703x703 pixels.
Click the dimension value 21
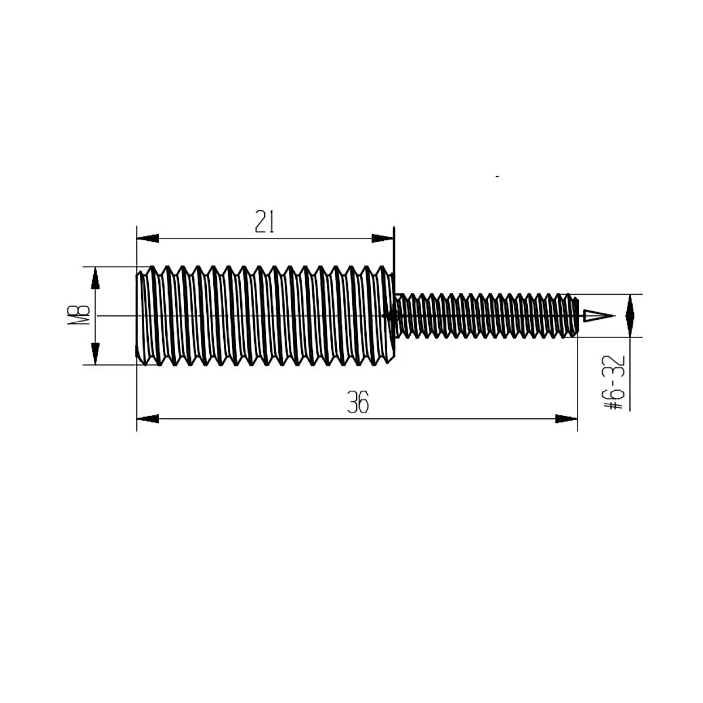(x=265, y=222)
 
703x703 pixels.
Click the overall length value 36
(x=358, y=404)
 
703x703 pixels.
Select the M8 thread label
(x=81, y=316)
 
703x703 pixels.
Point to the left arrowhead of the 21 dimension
(x=148, y=238)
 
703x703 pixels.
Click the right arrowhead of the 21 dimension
(x=383, y=238)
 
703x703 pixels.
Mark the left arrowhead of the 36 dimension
(x=148, y=418)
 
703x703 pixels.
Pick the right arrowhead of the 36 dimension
(x=566, y=418)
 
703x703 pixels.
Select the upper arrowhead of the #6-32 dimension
(x=630, y=305)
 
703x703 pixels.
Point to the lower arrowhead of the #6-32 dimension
(x=630, y=326)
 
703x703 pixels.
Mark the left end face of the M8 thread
(x=138, y=316)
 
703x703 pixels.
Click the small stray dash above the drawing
(x=497, y=175)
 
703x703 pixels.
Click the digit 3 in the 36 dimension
(x=353, y=404)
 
